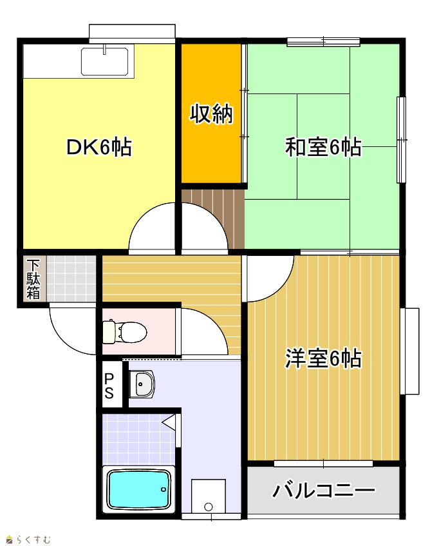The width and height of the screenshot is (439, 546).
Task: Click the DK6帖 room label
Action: point(99,147)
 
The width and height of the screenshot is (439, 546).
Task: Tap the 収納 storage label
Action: point(211,113)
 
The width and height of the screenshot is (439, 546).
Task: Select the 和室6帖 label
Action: point(323,147)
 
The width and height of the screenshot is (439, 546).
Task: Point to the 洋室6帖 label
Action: point(323,358)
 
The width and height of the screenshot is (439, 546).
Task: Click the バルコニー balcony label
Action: point(324,491)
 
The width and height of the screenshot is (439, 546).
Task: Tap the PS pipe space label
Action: point(109,386)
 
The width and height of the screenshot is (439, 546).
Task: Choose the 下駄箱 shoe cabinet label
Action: point(33,280)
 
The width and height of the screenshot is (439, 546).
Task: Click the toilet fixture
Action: point(124,331)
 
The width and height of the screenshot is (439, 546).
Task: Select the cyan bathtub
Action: point(139,489)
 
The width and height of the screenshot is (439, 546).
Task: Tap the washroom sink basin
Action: point(142,384)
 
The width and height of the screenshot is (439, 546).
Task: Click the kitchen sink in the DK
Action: point(105,61)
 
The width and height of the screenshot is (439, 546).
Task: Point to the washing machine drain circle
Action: point(209,506)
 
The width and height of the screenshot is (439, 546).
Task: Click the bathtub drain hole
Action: point(164,489)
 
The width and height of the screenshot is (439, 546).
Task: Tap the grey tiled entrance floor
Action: point(71,278)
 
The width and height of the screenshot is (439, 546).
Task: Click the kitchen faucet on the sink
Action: point(104,50)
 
